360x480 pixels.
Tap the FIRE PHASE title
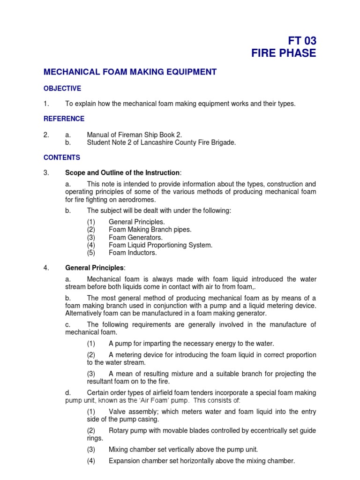click(x=284, y=53)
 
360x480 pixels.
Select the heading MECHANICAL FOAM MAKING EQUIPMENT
click(x=130, y=72)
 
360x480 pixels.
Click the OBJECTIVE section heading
click(x=62, y=88)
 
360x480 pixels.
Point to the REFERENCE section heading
click(x=64, y=119)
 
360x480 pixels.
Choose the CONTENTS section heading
click(x=62, y=157)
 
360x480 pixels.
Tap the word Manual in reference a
click(x=98, y=135)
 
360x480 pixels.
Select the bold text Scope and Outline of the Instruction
click(x=122, y=172)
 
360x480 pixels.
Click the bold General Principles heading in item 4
click(x=94, y=268)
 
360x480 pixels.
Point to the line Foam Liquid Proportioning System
click(x=160, y=245)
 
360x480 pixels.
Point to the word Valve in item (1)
click(x=117, y=412)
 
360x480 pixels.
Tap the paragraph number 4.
click(x=46, y=268)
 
